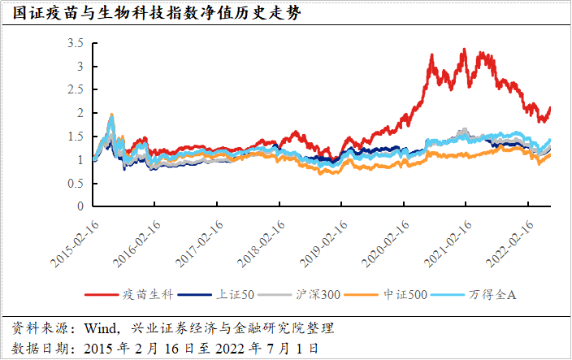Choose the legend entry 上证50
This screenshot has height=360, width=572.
pyautogui.click(x=233, y=293)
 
